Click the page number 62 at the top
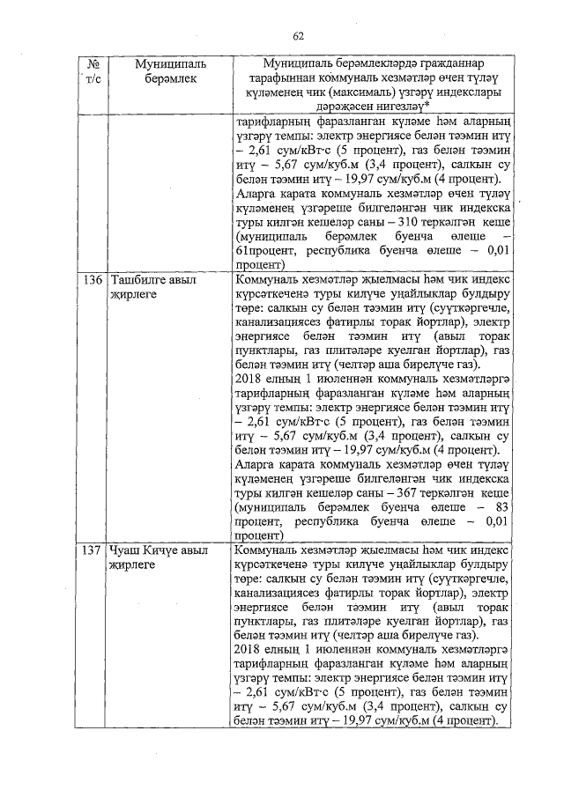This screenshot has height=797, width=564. tap(298, 36)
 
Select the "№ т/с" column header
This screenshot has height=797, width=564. tap(93, 72)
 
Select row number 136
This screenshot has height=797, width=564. tap(93, 281)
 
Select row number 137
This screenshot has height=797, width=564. tap(93, 550)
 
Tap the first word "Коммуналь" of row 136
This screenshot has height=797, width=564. tap(266, 281)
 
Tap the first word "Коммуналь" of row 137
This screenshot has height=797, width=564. tap(266, 550)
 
